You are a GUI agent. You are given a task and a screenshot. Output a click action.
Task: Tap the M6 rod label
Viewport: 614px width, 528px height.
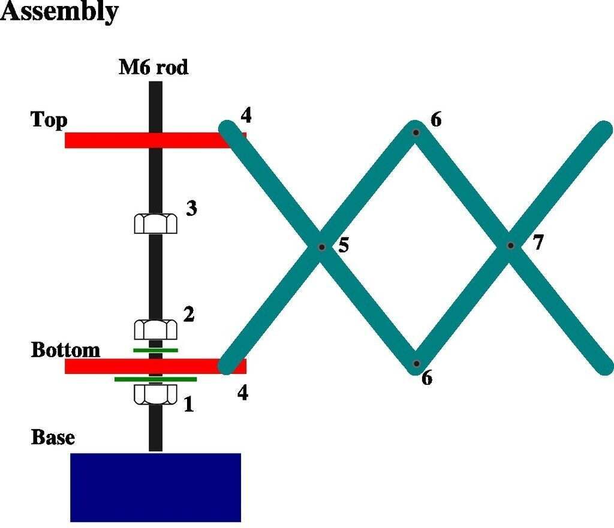pos(153,68)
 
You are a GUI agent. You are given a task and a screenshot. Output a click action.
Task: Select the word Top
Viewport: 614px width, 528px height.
pos(49,120)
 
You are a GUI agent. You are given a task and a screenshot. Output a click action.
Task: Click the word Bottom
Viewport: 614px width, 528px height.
pos(65,349)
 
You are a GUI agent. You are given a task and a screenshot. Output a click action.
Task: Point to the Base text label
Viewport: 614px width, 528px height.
pos(53,437)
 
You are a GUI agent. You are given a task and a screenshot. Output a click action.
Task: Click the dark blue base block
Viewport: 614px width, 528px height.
pos(155,487)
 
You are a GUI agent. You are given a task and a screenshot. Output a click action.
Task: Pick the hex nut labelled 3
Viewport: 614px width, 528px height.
pos(155,224)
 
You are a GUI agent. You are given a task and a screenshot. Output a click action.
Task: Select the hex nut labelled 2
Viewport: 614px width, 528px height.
pos(155,329)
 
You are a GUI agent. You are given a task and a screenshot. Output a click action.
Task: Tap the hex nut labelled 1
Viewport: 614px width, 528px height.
pos(155,394)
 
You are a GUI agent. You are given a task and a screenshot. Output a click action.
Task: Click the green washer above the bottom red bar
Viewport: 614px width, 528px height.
pos(155,349)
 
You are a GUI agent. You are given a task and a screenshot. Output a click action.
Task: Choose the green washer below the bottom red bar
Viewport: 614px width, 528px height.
pos(155,379)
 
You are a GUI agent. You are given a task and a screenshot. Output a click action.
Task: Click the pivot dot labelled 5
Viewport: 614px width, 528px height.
pos(321,246)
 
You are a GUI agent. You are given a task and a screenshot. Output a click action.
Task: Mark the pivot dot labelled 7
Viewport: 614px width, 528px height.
pos(510,245)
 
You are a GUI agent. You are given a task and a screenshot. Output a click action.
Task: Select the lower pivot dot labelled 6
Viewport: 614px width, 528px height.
pos(415,363)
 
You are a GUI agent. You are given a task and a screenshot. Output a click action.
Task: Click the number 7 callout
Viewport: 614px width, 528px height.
pos(538,243)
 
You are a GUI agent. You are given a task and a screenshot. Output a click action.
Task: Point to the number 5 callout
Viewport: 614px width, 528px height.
pos(344,245)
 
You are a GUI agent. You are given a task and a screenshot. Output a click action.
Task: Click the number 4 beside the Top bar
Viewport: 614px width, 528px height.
pos(245,115)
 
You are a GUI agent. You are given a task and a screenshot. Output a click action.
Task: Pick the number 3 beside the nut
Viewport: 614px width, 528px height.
pos(191,209)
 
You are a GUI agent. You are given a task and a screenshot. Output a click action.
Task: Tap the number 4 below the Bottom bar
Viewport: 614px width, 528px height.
pos(242,393)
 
